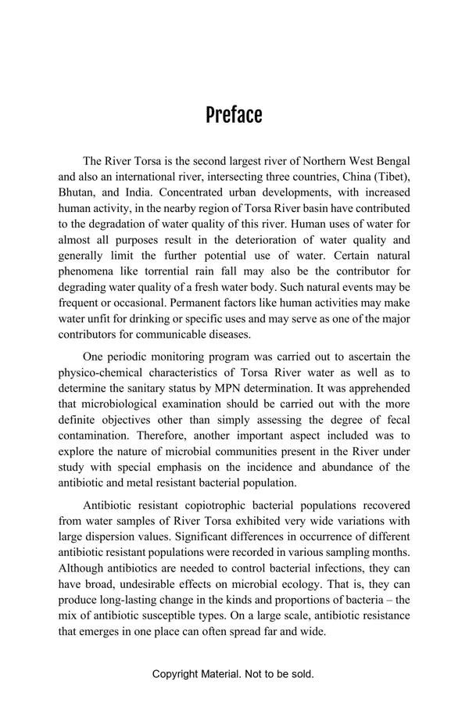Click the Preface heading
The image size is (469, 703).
click(234, 116)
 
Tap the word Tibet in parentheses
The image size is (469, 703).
click(388, 176)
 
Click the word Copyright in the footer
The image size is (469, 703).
click(178, 674)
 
